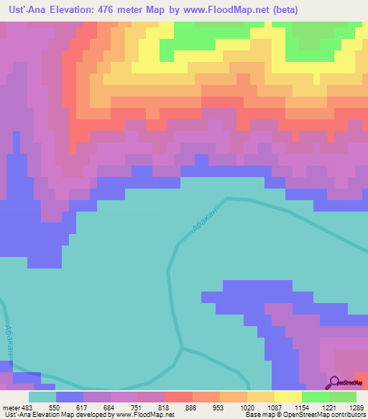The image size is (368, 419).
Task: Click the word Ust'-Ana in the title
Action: click(26, 9)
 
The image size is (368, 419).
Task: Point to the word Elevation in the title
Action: click(75, 9)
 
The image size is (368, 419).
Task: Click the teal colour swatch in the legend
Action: click(42, 397)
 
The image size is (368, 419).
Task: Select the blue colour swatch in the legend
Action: click(69, 397)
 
